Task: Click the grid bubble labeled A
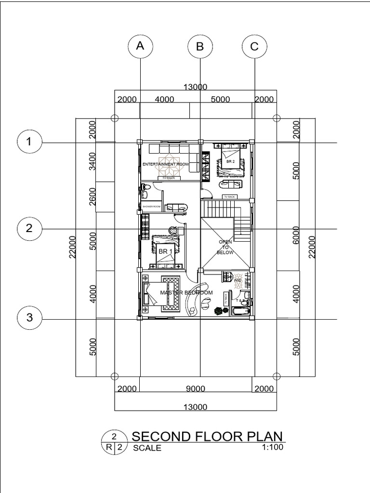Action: click(140, 46)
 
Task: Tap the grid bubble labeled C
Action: click(255, 46)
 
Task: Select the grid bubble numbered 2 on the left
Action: click(29, 228)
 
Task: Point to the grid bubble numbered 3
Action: click(29, 317)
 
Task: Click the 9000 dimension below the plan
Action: click(195, 389)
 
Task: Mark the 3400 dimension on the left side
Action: click(92, 161)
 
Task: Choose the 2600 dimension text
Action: click(92, 196)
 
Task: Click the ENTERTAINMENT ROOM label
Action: click(165, 165)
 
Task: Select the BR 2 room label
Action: click(231, 162)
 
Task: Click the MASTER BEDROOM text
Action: click(186, 293)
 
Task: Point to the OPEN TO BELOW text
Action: click(225, 247)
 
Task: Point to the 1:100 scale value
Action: click(271, 447)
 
